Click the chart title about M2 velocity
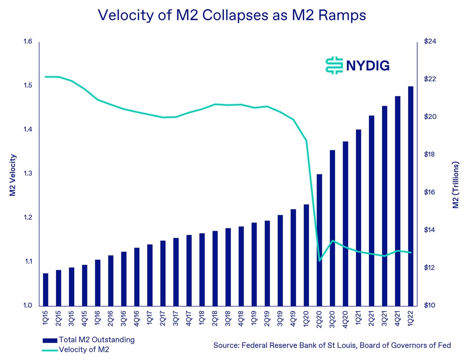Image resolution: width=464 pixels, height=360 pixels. [232, 15]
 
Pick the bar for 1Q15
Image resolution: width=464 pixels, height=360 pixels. [46, 289]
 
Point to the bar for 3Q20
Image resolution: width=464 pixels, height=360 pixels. [332, 227]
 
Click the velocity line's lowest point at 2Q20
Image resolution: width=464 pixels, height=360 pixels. [319, 261]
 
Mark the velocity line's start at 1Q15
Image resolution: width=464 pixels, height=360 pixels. [46, 77]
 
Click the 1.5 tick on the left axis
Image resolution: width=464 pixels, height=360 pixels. [27, 86]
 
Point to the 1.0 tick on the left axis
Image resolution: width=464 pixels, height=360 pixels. [27, 306]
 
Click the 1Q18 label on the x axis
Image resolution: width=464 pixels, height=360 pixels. [202, 317]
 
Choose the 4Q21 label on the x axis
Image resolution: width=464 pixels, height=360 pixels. [397, 317]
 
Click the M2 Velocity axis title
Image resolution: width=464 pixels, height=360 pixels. [12, 174]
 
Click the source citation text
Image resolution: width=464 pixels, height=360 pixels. [332, 345]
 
